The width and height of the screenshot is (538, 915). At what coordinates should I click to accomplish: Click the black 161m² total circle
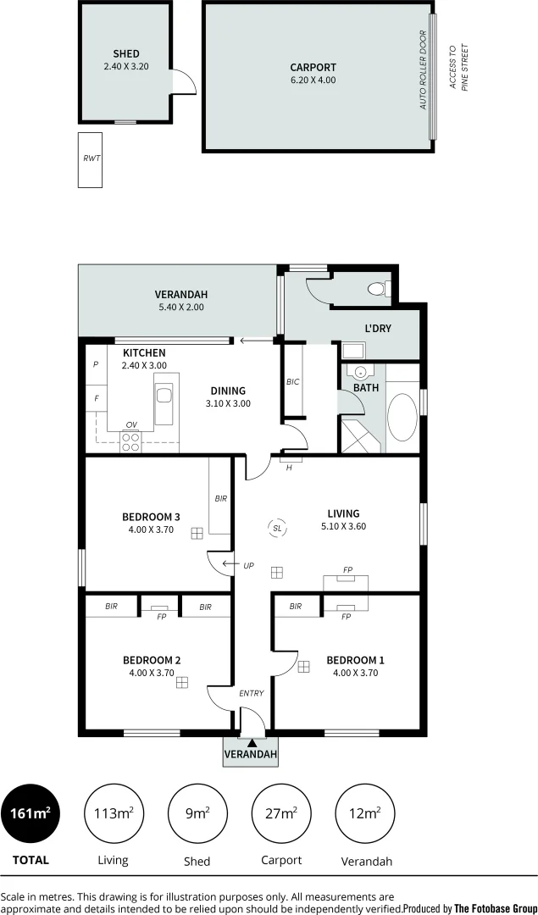[31, 813]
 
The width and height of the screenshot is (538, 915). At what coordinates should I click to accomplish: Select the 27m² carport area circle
[281, 813]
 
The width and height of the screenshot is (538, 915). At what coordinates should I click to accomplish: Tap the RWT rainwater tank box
[90, 159]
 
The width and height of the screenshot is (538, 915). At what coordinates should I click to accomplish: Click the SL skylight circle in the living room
[276, 528]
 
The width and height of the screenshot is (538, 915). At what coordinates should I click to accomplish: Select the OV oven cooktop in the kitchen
[131, 439]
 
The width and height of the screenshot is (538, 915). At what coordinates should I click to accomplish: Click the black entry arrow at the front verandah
[251, 743]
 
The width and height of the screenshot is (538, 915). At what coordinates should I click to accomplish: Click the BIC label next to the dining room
[293, 382]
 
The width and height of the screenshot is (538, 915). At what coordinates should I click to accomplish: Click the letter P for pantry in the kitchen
[96, 364]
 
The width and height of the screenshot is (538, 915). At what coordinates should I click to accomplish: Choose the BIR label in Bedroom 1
[295, 607]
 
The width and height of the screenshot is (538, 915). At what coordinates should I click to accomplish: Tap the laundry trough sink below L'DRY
[352, 349]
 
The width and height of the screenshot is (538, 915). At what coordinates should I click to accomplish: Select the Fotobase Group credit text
[469, 907]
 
